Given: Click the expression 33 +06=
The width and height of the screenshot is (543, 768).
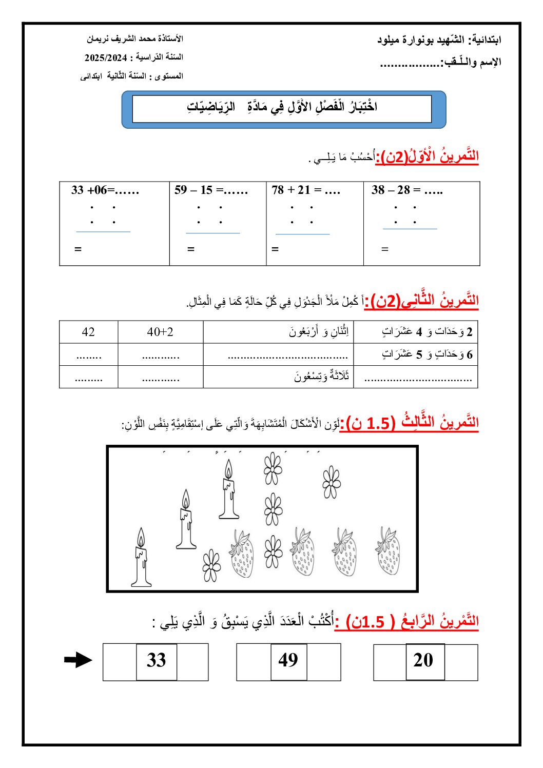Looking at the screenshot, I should click(x=105, y=190).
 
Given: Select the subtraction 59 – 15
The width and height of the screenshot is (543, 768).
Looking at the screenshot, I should click(x=210, y=190).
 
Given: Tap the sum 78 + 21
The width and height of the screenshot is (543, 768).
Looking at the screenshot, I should click(x=305, y=190).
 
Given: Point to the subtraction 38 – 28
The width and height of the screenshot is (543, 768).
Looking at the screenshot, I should click(x=406, y=190).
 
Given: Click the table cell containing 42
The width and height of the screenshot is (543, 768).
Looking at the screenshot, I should click(x=88, y=332).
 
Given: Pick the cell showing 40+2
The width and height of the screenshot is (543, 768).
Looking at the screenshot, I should click(x=160, y=332).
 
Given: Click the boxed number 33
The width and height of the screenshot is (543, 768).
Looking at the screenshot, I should click(x=157, y=660).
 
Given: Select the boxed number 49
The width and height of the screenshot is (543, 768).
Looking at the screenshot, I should click(x=288, y=660).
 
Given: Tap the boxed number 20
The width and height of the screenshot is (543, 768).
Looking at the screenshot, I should click(x=424, y=660).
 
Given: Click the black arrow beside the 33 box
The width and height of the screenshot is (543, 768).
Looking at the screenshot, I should click(x=78, y=660).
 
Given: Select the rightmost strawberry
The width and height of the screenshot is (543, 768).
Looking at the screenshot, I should click(x=388, y=552).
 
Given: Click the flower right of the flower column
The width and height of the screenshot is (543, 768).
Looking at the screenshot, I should click(x=332, y=482).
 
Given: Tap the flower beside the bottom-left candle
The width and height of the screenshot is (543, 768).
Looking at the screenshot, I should click(x=211, y=565).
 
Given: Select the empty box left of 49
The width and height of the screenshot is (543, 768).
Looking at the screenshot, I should click(x=254, y=662).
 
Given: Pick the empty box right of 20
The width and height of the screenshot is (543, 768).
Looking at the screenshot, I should click(x=461, y=662).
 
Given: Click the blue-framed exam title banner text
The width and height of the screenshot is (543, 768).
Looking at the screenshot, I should click(x=282, y=107).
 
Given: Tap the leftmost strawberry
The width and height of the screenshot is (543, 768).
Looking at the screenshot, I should click(x=241, y=554).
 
